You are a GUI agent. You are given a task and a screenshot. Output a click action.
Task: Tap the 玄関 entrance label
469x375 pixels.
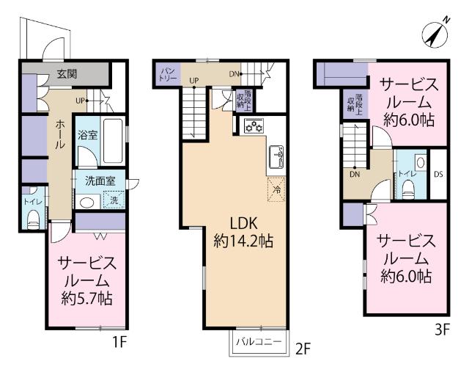tap(66, 74)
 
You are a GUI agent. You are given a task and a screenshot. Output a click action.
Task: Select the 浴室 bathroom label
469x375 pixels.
tap(87, 136)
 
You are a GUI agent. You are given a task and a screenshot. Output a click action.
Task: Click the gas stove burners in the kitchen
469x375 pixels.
tap(253, 126)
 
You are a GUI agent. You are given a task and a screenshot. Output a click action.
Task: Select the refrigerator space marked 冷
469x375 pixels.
tap(276, 188)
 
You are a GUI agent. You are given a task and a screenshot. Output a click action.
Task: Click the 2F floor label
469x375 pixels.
tap(303, 350)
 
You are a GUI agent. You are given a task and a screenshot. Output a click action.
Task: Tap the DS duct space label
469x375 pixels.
tap(438, 174)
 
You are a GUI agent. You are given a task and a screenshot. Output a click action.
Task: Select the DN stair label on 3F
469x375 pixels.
tap(354, 175)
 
